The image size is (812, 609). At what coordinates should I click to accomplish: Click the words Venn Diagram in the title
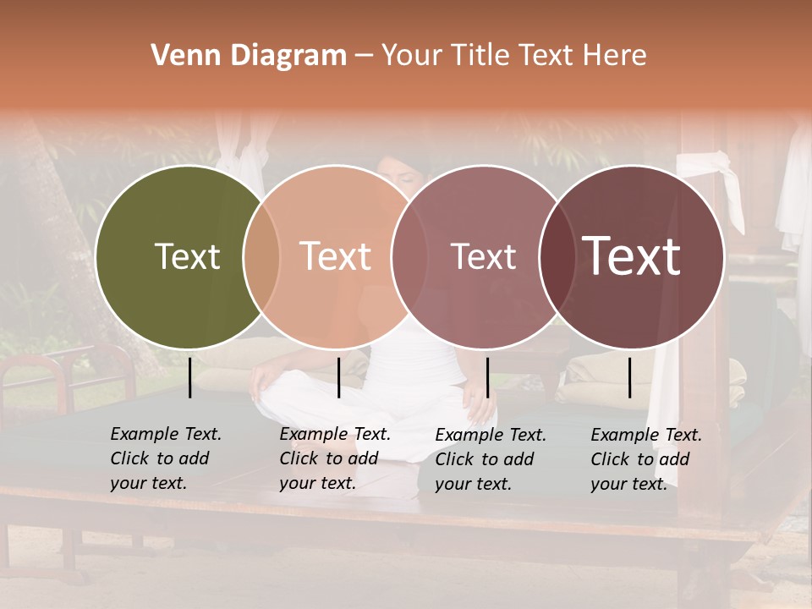(x=249, y=56)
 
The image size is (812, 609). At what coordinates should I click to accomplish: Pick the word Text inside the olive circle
(x=187, y=257)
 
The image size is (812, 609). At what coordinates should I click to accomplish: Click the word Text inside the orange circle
(x=336, y=256)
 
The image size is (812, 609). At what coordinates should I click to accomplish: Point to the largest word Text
(x=632, y=255)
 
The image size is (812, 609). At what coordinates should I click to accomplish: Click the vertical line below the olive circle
(x=190, y=377)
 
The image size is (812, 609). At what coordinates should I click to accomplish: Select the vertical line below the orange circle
(x=338, y=377)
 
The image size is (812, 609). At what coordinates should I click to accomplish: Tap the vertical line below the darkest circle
(x=630, y=377)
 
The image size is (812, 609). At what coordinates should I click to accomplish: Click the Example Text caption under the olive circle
(x=166, y=458)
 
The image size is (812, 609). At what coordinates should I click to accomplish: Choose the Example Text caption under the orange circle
(x=335, y=458)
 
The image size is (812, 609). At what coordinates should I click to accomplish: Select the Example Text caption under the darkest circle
(x=646, y=458)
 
